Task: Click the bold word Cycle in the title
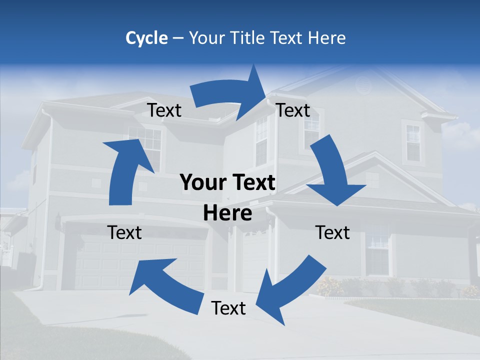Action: [146, 38]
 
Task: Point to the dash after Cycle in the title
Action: [178, 38]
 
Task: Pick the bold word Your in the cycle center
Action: [199, 183]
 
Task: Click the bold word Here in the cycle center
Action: [227, 213]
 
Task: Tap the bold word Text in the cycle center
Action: [253, 183]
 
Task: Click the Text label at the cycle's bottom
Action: [228, 308]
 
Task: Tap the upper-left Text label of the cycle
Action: [164, 110]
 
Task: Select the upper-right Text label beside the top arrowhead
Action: [293, 110]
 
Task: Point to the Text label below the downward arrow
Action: [332, 232]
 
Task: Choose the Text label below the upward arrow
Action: [124, 232]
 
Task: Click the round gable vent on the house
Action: [364, 85]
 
